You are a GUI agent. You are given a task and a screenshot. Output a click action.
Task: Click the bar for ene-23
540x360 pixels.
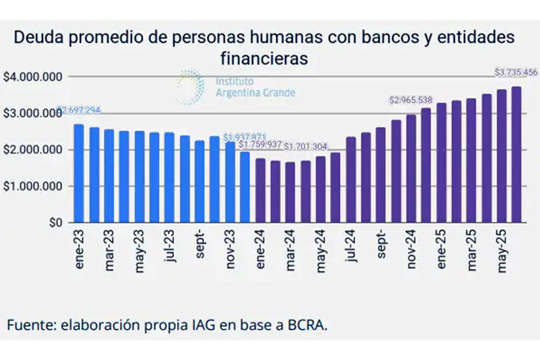point(79,173)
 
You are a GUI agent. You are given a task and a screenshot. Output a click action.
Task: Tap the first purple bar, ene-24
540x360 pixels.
point(260,190)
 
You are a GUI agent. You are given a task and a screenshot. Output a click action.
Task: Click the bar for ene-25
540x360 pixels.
point(442,163)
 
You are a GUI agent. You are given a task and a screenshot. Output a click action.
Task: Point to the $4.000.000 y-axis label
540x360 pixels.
point(33,77)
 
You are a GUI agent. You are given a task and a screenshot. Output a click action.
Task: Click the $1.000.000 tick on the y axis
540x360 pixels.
point(33,186)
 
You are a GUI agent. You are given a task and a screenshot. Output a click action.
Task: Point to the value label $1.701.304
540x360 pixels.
point(306,146)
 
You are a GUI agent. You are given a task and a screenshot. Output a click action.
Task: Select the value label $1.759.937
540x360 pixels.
point(260,145)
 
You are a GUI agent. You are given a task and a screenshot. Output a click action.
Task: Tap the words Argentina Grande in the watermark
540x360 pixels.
point(255,93)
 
